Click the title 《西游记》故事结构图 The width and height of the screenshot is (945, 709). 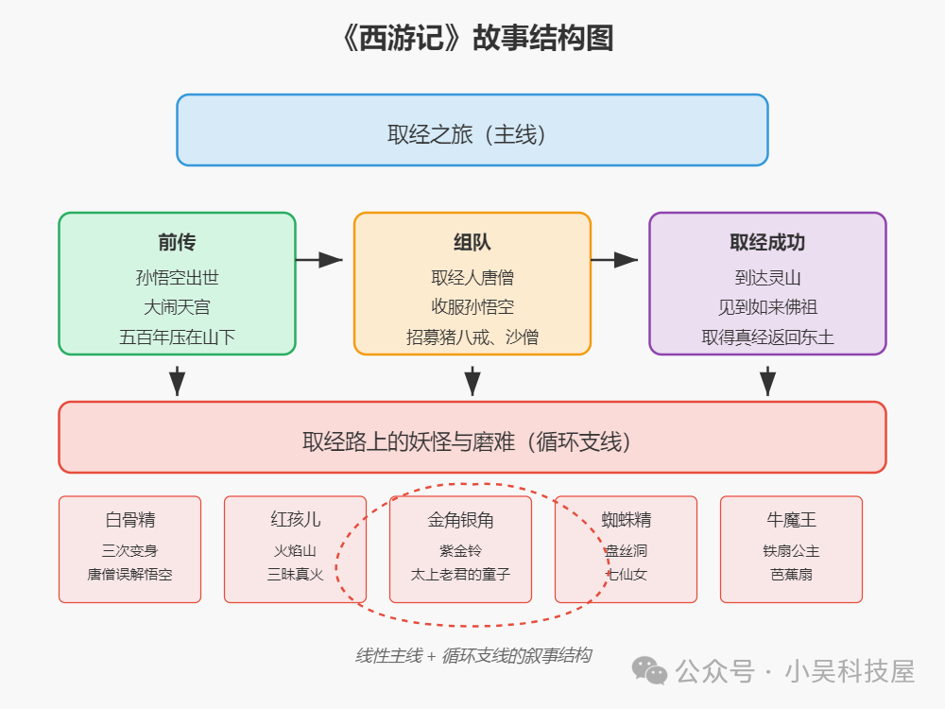(472, 38)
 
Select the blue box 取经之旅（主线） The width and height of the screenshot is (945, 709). (472, 130)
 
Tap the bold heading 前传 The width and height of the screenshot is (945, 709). (177, 242)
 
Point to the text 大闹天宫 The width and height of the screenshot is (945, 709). (177, 307)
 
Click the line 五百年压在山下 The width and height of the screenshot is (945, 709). (177, 337)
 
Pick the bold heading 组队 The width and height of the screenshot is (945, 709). (472, 242)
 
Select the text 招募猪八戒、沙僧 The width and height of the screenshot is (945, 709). (472, 337)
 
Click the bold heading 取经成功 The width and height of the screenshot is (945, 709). (767, 242)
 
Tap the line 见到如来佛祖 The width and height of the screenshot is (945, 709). (767, 307)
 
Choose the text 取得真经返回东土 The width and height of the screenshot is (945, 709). (767, 337)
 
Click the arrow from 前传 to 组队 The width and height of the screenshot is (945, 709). (319, 259)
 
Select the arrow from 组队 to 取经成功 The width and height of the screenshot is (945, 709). (615, 259)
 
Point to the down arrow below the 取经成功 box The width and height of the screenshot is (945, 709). (767, 379)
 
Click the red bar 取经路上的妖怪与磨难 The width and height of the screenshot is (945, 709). (472, 441)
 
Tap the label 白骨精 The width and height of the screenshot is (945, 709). (130, 520)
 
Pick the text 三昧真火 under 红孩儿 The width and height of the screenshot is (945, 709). (295, 574)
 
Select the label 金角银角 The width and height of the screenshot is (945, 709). (461, 520)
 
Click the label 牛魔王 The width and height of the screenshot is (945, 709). (792, 520)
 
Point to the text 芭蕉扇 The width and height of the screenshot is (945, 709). (792, 574)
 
